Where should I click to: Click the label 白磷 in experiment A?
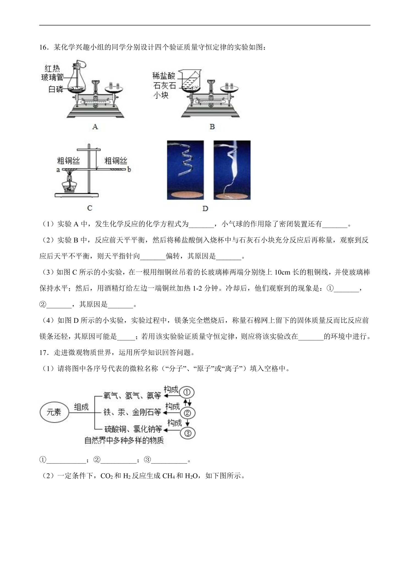56,89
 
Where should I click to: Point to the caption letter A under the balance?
95,127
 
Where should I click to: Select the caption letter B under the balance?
212,127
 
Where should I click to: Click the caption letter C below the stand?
90,208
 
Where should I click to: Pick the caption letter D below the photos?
205,209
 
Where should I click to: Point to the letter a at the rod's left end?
58,169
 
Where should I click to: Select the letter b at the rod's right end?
129,169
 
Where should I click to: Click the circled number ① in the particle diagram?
187,392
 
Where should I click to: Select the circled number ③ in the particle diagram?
187,433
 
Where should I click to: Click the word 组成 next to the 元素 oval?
81,407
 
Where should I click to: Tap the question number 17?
44,352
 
